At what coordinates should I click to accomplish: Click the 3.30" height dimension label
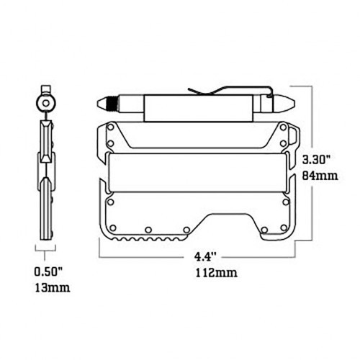coord(316,160)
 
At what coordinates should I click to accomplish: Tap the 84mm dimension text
coord(320,176)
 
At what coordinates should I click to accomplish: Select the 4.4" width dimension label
coord(203,257)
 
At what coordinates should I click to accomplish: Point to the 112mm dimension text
coord(217,273)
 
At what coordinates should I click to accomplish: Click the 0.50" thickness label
coord(48,272)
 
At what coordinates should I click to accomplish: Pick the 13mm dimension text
coord(53,287)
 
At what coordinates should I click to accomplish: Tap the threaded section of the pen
coord(112,104)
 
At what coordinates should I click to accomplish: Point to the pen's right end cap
coord(286,104)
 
